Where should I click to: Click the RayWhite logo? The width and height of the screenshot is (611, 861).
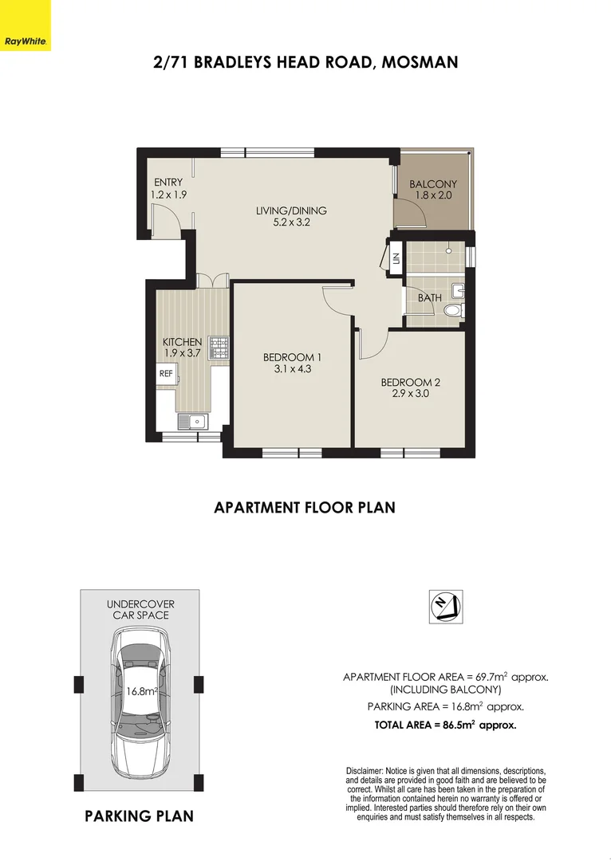(x=25, y=39)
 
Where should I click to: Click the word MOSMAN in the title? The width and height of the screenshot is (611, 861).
(x=420, y=62)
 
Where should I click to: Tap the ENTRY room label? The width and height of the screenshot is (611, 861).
(x=168, y=183)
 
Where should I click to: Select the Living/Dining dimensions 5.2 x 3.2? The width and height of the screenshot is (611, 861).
(x=291, y=223)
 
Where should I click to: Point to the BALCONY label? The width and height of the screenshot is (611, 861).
(x=433, y=184)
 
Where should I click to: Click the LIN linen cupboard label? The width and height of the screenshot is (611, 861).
(x=396, y=258)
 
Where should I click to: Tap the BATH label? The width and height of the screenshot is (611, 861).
(x=430, y=298)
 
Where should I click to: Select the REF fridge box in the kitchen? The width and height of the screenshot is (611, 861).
(x=166, y=372)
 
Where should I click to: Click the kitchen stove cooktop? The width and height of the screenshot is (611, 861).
(x=218, y=347)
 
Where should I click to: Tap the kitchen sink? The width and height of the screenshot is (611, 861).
(x=193, y=421)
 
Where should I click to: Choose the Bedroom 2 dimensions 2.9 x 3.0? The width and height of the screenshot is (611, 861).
(x=410, y=393)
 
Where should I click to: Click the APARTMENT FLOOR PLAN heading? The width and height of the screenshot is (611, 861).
(x=305, y=507)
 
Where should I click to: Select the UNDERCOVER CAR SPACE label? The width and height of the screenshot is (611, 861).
(x=140, y=610)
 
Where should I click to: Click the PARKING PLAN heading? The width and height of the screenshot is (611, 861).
(x=140, y=816)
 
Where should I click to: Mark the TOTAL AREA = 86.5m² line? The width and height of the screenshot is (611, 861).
(x=445, y=725)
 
